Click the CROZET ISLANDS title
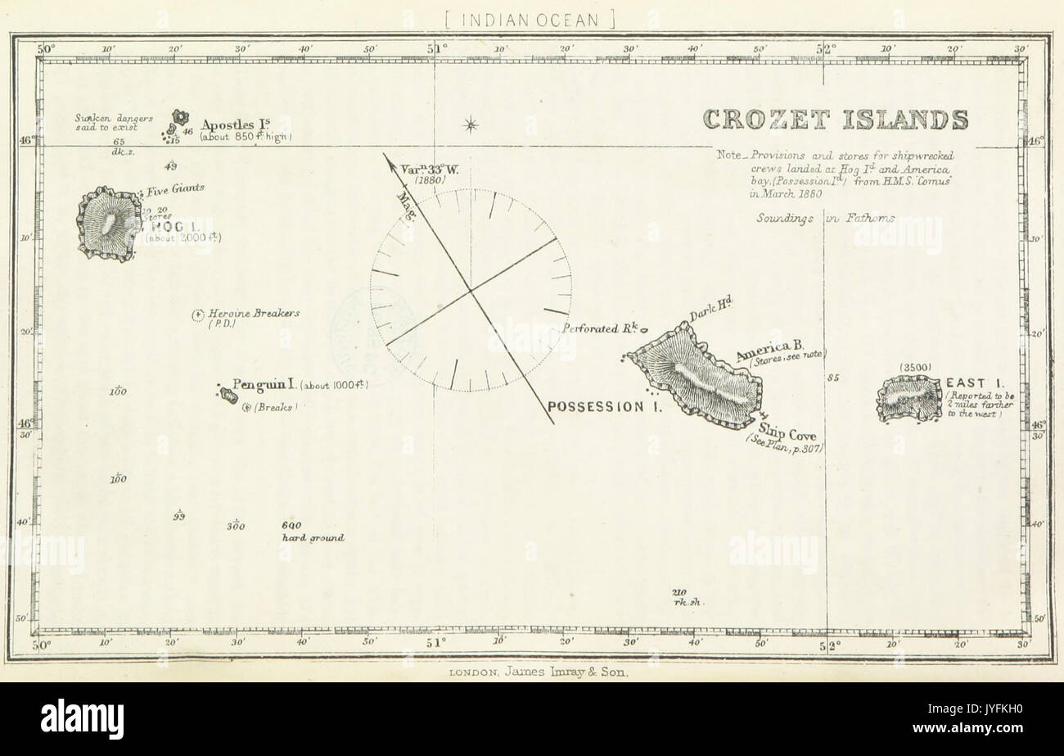(x=836, y=120)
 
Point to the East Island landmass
(x=909, y=399)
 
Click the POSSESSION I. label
(x=604, y=406)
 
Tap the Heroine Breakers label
(x=254, y=313)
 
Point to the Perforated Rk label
(x=599, y=329)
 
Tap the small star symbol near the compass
(x=470, y=124)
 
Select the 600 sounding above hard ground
(x=291, y=526)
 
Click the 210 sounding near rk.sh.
(x=679, y=592)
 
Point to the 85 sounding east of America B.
(x=834, y=378)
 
